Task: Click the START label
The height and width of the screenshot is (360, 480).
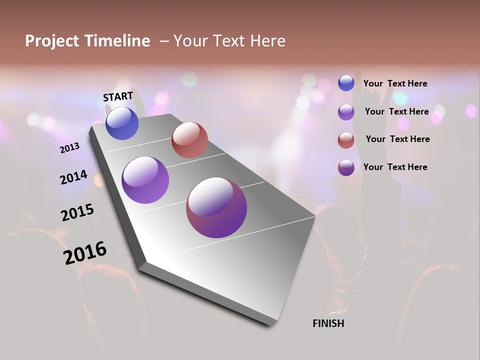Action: coord(118,96)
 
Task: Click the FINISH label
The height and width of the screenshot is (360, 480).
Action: coord(328,323)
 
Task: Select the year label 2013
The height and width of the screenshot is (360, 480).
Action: coord(69,148)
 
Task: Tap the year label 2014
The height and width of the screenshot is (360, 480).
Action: coord(73,177)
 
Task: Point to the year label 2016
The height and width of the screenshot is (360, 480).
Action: coord(85,252)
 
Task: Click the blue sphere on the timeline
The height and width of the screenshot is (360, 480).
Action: coord(122,123)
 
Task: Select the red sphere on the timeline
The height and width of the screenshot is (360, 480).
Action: coord(189,140)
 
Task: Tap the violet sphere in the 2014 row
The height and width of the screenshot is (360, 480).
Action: coord(145,180)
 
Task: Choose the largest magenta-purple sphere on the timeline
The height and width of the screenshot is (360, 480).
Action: coord(216,207)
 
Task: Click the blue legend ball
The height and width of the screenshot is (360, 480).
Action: coord(346,83)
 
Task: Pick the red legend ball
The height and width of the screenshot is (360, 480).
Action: coord(346,140)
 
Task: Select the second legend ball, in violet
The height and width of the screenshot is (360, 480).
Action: coord(346,112)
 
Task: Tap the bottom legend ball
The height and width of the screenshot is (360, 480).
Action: coord(346,167)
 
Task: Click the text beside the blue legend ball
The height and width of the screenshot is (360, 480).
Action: coord(395,83)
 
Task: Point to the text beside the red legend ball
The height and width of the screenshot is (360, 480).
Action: coord(397,139)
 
